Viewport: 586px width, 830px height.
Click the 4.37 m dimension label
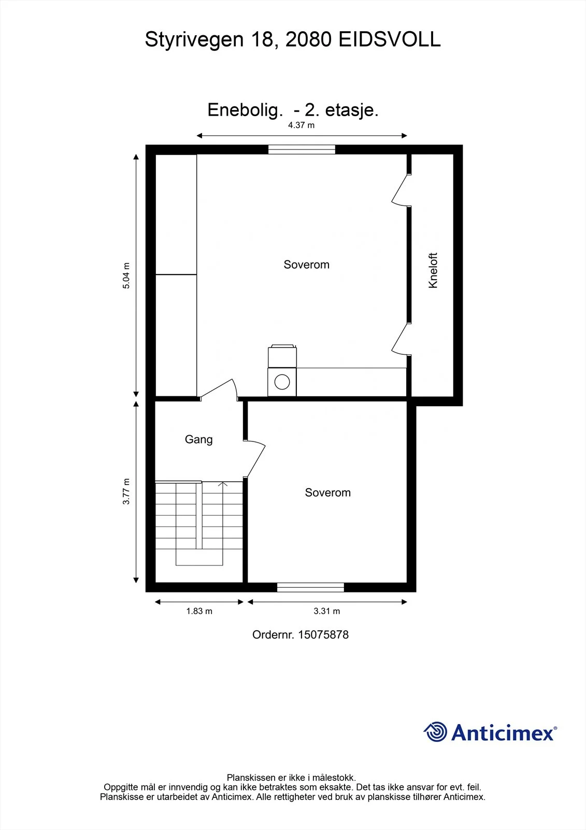302,125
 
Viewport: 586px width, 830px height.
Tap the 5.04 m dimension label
126,275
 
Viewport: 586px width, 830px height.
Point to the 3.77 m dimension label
126,491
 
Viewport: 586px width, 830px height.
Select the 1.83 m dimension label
199,611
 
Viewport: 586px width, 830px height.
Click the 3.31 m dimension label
326,611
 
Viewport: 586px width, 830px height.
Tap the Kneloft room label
433,270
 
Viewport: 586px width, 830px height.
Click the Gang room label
199,439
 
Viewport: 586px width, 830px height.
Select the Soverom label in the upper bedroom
307,265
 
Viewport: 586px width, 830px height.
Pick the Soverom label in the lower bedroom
327,492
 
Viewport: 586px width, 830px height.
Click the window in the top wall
302,149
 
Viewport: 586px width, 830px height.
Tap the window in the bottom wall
310,587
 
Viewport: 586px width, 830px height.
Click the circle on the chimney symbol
282,382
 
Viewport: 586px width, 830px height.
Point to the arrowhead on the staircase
223,485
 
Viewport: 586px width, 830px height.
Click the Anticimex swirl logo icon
435,731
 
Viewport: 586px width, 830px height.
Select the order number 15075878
323,635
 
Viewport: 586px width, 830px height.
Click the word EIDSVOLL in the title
390,39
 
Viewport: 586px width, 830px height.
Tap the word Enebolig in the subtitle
243,110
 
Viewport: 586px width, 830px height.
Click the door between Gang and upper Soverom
219,389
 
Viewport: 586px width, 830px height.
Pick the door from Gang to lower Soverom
255,459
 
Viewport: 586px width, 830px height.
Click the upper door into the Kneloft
401,190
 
